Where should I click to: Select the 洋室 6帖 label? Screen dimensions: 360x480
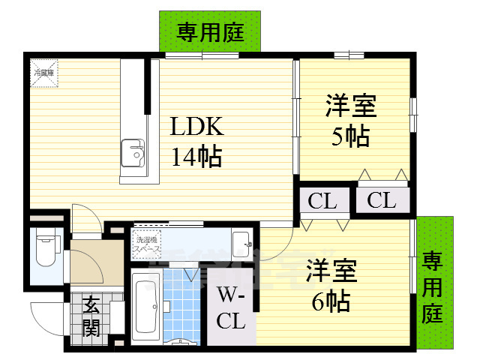tap(331, 285)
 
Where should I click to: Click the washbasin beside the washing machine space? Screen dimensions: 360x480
tap(241, 242)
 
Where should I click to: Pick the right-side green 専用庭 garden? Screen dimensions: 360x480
tap(434, 285)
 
